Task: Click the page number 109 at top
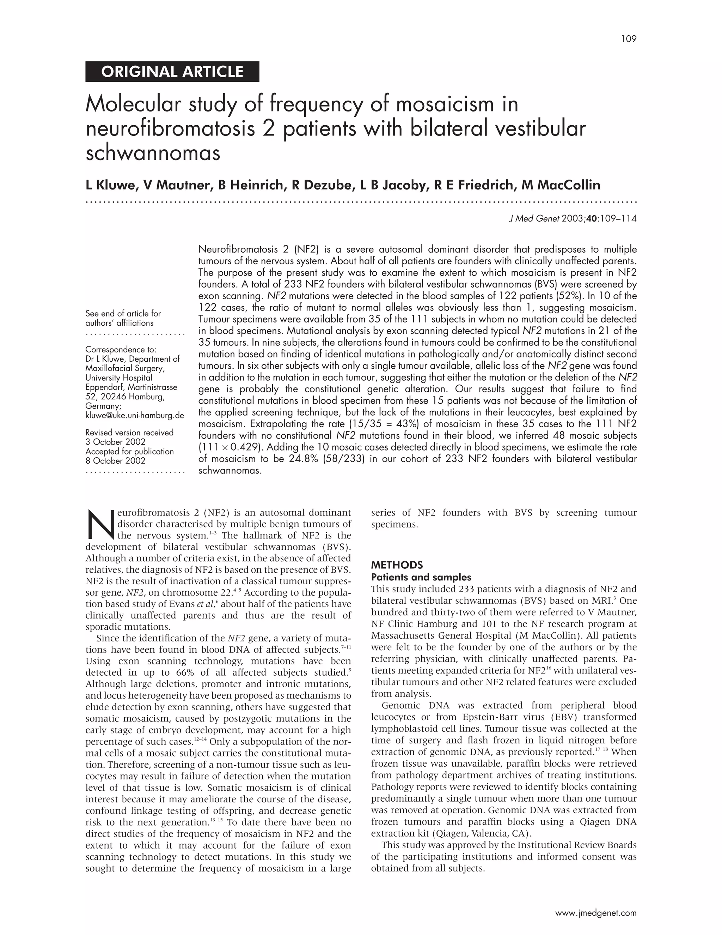(x=629, y=39)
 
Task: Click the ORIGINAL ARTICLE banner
(x=172, y=72)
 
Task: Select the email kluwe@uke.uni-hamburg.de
(x=134, y=415)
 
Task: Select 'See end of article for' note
(x=123, y=313)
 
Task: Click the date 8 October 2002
(x=116, y=461)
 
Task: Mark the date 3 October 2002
(x=116, y=442)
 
